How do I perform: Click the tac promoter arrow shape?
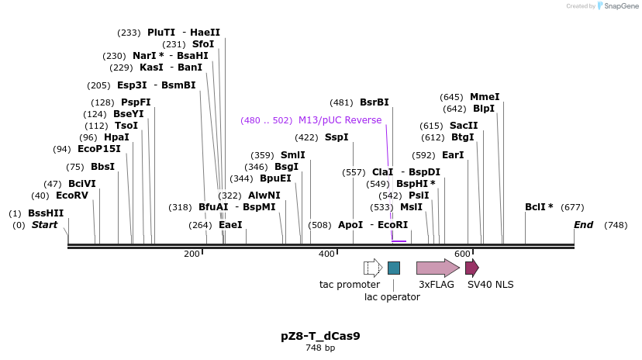(373, 268)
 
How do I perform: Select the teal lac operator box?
(394, 268)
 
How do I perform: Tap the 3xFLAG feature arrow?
(437, 268)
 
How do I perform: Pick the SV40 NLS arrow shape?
(471, 268)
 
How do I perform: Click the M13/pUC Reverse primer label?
(340, 120)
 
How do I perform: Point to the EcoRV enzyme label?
(72, 196)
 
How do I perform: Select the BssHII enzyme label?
(46, 213)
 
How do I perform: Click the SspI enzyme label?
(337, 137)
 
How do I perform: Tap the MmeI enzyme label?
(485, 97)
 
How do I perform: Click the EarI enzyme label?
(453, 155)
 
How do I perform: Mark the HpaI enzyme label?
(116, 137)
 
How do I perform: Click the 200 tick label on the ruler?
(192, 254)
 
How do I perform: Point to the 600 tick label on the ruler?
(463, 254)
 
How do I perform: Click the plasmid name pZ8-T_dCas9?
(320, 336)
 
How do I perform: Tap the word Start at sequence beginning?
(44, 225)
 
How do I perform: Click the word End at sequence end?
(583, 225)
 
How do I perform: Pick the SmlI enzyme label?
(292, 155)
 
